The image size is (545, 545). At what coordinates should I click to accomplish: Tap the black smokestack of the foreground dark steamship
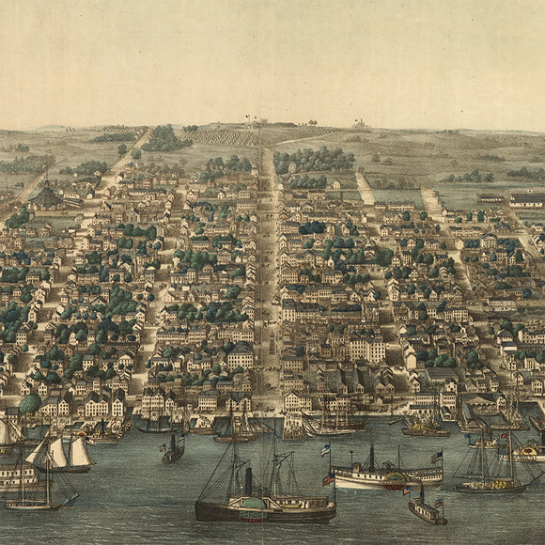click(x=249, y=481)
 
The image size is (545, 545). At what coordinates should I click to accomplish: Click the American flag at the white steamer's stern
click(x=436, y=458)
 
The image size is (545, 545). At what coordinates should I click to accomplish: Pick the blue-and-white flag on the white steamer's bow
click(x=325, y=449)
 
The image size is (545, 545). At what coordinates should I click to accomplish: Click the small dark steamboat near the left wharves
click(x=173, y=452)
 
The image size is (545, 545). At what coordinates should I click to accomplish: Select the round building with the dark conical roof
click(x=46, y=195)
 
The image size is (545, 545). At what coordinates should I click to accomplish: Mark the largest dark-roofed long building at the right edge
click(x=527, y=199)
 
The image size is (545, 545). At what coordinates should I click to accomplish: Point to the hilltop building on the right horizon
click(x=359, y=123)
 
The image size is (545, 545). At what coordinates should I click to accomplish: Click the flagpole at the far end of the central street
click(x=248, y=120)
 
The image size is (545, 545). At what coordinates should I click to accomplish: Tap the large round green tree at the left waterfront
click(x=30, y=404)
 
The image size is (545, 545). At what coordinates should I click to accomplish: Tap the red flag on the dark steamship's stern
click(x=328, y=479)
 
